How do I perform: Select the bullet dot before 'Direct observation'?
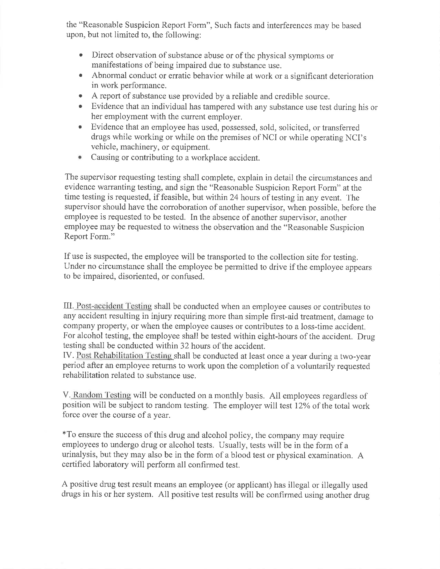click(x=82, y=56)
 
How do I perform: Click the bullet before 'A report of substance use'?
click(x=81, y=96)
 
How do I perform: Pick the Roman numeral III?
click(x=68, y=306)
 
